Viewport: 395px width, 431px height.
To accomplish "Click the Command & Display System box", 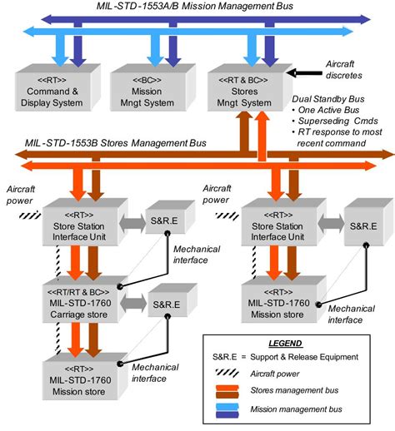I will [56, 94].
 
